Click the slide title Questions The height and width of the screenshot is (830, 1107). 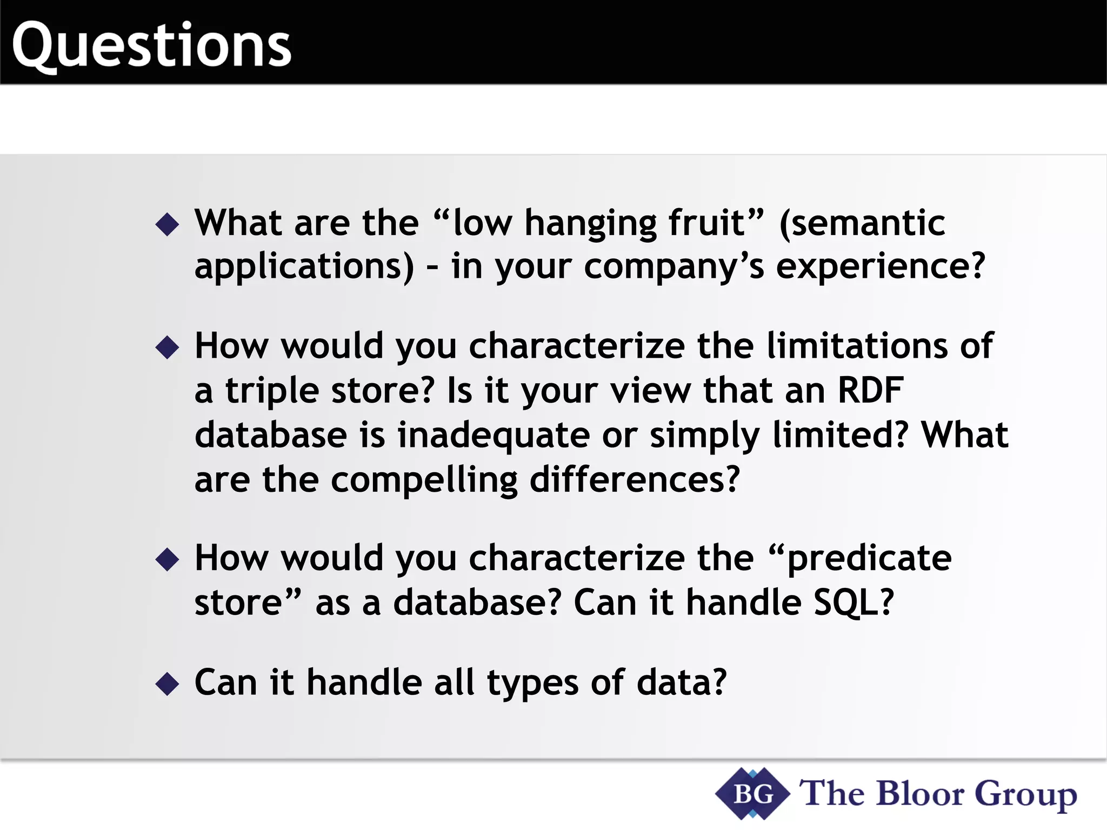[x=151, y=46]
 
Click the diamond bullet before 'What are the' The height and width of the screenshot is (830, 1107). [x=167, y=224]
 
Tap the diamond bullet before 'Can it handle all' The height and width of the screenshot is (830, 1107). [x=167, y=684]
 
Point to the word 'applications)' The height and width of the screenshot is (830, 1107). [x=304, y=267]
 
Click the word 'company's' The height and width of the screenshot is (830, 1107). [x=674, y=267]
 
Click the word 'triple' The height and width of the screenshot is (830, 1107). [x=272, y=391]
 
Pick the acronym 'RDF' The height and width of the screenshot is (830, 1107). [x=870, y=390]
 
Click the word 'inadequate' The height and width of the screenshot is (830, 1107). [x=494, y=436]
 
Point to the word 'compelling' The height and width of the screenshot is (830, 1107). [x=424, y=481]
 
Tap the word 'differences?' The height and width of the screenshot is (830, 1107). [x=635, y=480]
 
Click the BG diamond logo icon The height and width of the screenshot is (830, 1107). [x=753, y=794]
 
